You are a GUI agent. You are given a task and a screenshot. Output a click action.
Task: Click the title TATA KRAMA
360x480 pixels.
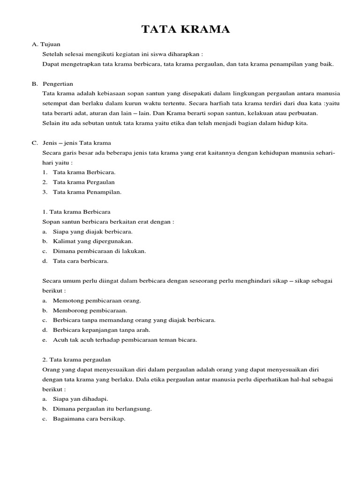pyautogui.click(x=186, y=30)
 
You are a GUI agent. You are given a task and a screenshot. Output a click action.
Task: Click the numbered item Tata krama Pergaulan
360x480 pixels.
pyautogui.click(x=84, y=182)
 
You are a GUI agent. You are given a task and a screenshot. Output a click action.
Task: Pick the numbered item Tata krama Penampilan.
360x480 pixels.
pyautogui.click(x=87, y=192)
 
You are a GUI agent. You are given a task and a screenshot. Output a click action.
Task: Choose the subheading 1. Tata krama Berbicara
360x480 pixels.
pyautogui.click(x=76, y=212)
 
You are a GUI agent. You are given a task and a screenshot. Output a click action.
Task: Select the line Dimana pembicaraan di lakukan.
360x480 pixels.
pyautogui.click(x=99, y=251)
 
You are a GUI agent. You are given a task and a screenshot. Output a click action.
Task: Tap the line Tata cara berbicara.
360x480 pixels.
pyautogui.click(x=81, y=261)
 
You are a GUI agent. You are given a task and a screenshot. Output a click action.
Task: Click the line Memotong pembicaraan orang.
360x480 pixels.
pyautogui.click(x=97, y=300)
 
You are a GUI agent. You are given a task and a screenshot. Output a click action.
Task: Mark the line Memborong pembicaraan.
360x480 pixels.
pyautogui.click(x=90, y=310)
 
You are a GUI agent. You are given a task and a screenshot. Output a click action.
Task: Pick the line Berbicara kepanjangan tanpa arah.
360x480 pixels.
pyautogui.click(x=104, y=330)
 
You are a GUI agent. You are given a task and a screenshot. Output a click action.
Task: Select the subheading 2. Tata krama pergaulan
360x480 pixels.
pyautogui.click(x=76, y=360)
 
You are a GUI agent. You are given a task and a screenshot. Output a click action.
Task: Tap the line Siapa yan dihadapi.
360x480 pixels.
pyautogui.click(x=81, y=399)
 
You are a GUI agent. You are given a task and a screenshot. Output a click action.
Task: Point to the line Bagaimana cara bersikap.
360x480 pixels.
pyautogui.click(x=89, y=419)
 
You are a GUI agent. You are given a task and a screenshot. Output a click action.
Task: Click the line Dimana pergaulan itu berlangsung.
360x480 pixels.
pyautogui.click(x=102, y=409)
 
